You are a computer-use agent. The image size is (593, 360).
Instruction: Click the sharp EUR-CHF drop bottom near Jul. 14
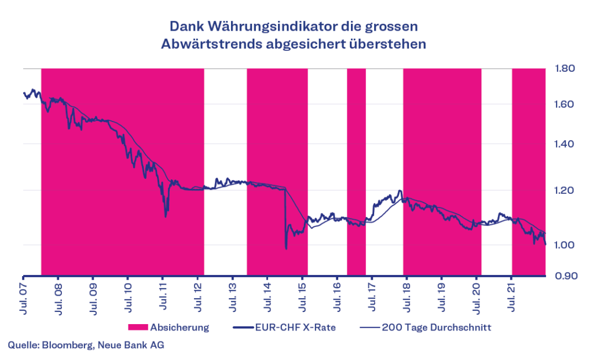(286, 248)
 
